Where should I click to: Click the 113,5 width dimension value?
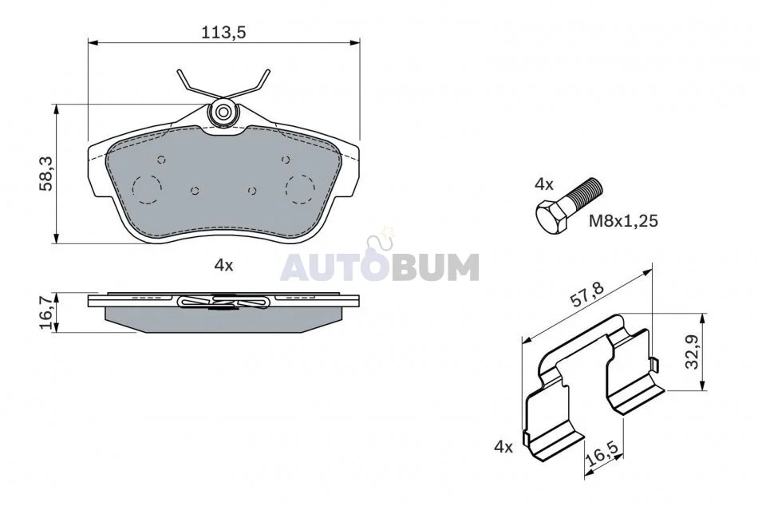point(224,32)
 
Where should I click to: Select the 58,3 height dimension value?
point(47,174)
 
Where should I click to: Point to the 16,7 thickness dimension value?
point(47,314)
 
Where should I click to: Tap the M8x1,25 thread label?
point(623,221)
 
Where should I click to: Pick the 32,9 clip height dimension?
point(693,352)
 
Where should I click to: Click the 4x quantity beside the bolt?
point(544,184)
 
